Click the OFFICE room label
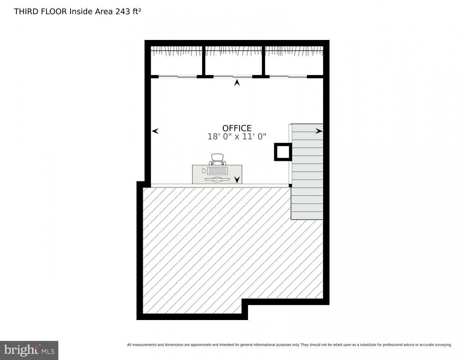coord(237,128)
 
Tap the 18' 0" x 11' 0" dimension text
coord(237,137)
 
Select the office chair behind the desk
coord(217,159)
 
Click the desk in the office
coord(217,174)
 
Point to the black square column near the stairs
coord(283,152)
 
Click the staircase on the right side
coord(307,171)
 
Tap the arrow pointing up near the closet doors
coord(237,83)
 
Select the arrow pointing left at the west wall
coord(155,131)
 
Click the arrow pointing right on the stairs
coord(319,131)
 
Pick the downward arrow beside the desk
coord(237,180)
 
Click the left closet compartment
coord(176,61)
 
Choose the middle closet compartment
coord(234,61)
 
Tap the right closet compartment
coord(294,61)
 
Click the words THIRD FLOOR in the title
coord(40,12)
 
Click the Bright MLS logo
coord(29,350)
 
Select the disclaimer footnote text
coord(289,345)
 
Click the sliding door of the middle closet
coord(233,76)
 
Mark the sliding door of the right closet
coord(288,76)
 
